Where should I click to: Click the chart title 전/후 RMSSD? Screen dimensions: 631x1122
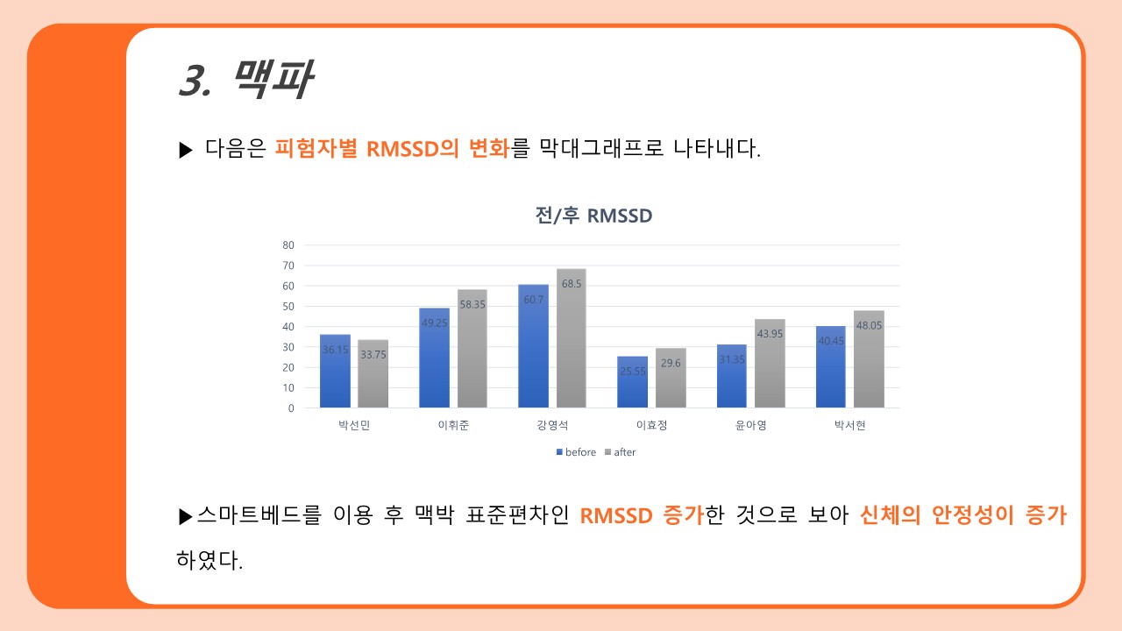(593, 216)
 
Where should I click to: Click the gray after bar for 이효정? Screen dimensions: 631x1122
(671, 378)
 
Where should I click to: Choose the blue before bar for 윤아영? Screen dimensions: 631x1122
(732, 376)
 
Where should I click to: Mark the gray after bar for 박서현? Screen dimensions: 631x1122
(869, 359)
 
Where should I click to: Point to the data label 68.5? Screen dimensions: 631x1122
(572, 284)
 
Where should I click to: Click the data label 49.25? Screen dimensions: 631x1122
(435, 323)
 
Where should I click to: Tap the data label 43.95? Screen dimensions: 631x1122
(770, 334)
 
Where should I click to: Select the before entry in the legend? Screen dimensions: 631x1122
(576, 452)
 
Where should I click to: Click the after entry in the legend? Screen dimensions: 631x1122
(620, 452)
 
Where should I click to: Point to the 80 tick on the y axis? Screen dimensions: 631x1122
(288, 245)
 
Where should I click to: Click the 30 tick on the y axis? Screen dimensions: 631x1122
(288, 347)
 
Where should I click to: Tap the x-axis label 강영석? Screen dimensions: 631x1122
(552, 427)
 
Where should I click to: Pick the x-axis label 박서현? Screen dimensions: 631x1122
(849, 427)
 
